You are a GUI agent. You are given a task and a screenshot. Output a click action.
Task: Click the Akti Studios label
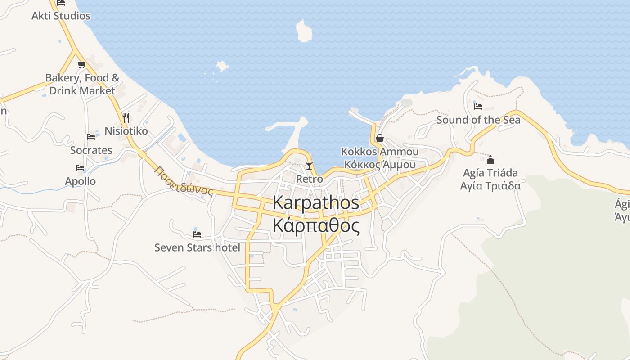pos(61,16)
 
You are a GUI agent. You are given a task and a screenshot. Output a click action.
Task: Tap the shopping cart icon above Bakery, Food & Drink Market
pos(81,64)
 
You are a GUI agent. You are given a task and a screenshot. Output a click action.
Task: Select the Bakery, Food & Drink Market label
pos(82,84)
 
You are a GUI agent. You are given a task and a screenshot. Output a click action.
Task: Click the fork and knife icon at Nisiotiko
pos(126,118)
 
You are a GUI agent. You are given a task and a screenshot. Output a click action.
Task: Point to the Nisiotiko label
pos(126,131)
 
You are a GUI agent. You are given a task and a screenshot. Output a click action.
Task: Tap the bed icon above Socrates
pos(91,137)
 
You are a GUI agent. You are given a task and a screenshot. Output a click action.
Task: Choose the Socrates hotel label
pos(91,150)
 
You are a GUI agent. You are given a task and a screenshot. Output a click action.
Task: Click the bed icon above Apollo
pos(80,168)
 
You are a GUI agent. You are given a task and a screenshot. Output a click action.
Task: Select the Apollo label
pos(81,181)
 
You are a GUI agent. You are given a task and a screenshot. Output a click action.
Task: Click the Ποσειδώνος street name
pos(183,181)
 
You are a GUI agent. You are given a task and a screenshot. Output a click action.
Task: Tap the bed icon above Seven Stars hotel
pos(197,234)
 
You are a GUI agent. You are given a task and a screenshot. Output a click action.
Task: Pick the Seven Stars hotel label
pos(197,247)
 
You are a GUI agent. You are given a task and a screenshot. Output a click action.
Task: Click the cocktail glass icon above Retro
pos(309,166)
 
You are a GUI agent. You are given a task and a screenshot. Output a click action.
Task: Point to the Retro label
pos(310,179)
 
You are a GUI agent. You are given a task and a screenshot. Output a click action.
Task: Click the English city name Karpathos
pos(316,202)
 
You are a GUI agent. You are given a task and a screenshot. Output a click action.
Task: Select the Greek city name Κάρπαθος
pos(316,226)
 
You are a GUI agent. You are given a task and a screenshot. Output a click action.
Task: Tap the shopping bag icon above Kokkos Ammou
pos(380,138)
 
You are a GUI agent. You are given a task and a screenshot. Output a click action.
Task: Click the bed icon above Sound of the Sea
pos(478,107)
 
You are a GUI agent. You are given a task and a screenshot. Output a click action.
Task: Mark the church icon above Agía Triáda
pos(490,160)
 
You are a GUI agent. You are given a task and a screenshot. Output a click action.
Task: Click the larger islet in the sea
pos(304,31)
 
